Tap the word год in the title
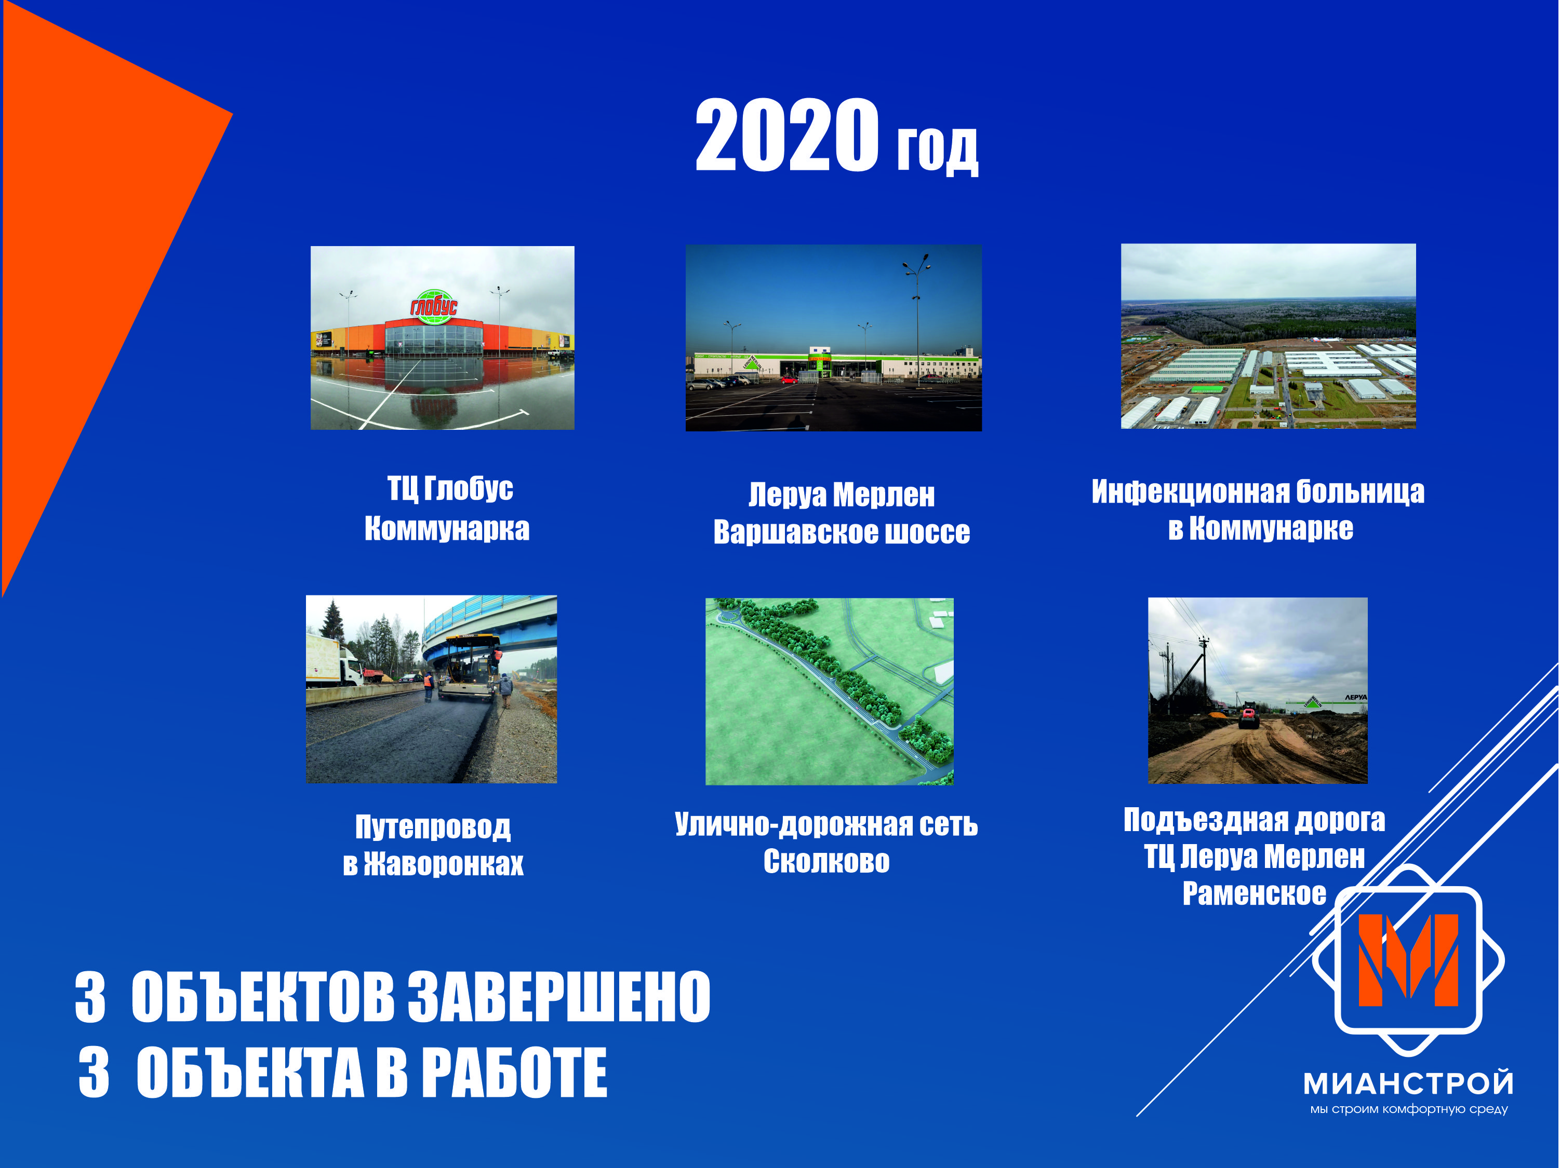pyautogui.click(x=937, y=150)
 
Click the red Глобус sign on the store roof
pyautogui.click(x=434, y=306)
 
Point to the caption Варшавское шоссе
pyautogui.click(x=842, y=532)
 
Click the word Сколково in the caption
pyautogui.click(x=826, y=861)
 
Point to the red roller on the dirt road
pyautogui.click(x=1248, y=717)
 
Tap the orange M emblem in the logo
pyautogui.click(x=1408, y=960)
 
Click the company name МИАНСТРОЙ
pyautogui.click(x=1408, y=1083)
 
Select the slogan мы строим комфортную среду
pyautogui.click(x=1408, y=1109)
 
